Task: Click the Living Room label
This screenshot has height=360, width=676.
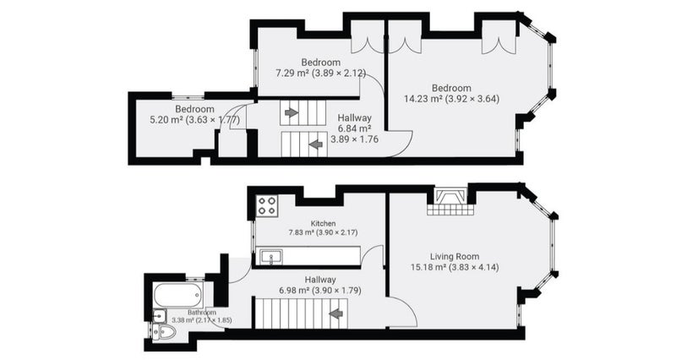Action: [455, 257]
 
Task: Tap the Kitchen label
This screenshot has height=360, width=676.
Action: [323, 223]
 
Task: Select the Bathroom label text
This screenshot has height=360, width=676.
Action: [202, 312]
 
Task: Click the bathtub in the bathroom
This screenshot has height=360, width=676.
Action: [178, 295]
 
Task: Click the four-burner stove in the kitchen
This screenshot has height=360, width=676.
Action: [267, 205]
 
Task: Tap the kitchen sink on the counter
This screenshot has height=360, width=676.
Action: [271, 257]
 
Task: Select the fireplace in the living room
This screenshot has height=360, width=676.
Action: [450, 201]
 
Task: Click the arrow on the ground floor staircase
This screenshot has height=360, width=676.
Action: [336, 314]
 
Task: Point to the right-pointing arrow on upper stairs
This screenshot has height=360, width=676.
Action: [292, 112]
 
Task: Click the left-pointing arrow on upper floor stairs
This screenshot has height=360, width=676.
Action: [316, 145]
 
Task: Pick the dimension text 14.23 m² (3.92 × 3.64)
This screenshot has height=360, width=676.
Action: [451, 99]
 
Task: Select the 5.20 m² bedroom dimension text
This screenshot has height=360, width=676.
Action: [194, 120]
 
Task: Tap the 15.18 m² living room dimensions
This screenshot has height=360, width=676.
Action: [455, 267]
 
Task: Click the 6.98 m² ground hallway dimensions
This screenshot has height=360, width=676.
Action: [320, 290]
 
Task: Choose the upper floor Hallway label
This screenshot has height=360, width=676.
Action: [354, 117]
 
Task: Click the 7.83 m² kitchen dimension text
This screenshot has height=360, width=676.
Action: [323, 232]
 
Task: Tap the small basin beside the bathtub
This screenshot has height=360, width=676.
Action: [160, 316]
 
